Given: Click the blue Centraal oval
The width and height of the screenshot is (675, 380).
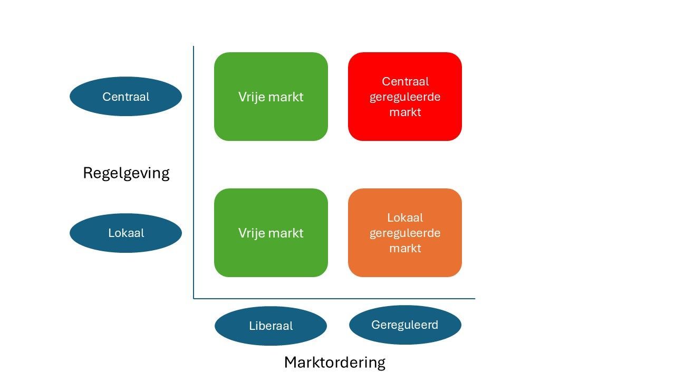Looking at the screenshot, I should [126, 97].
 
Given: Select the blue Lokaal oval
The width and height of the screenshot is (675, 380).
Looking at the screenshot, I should [126, 233].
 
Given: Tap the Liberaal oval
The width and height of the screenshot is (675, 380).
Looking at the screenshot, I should [271, 326].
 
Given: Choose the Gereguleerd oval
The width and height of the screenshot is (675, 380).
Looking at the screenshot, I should [405, 325].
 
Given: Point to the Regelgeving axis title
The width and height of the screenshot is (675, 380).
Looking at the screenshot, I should [126, 173].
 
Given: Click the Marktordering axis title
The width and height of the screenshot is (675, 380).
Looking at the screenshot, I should [335, 363].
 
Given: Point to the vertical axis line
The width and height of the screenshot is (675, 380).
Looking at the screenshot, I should [194, 169].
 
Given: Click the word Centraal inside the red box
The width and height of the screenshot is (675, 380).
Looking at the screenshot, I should [405, 82].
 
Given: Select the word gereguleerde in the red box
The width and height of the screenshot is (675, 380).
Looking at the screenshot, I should [405, 97].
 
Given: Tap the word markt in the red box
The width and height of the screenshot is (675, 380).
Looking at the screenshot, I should [405, 112].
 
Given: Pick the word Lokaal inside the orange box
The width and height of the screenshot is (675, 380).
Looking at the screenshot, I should [405, 217].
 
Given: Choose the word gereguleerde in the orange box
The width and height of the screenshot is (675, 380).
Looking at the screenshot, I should [405, 233].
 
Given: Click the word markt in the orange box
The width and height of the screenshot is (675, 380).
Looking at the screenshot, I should [405, 248].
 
